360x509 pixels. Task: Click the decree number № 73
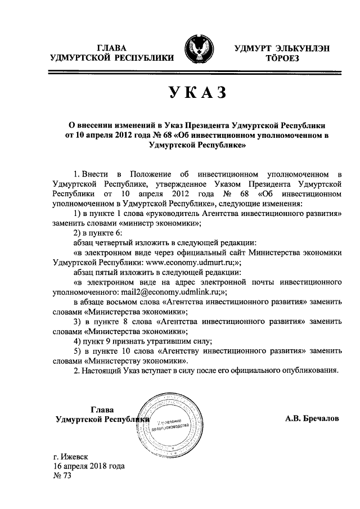coord(62,476)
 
